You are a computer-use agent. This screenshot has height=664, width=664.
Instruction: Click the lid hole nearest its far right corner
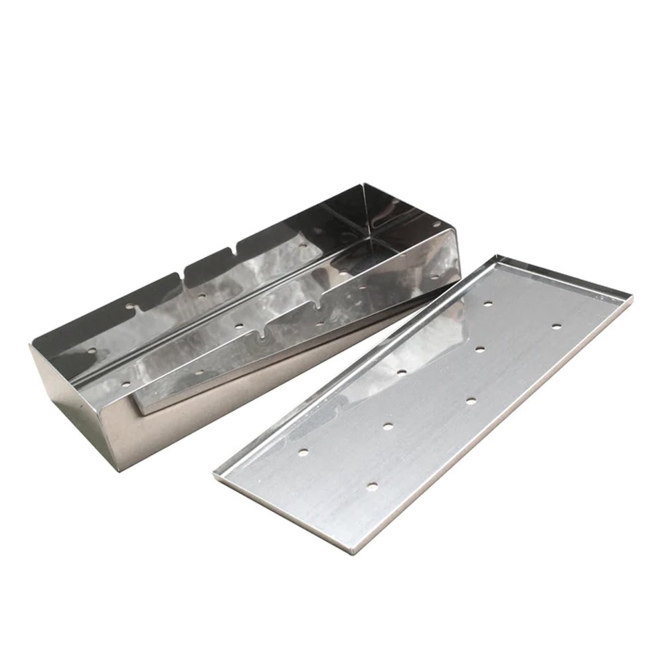tap(556, 326)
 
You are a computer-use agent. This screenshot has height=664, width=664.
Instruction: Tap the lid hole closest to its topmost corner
tap(488, 303)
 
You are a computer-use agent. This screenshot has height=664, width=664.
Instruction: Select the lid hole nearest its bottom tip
tap(371, 487)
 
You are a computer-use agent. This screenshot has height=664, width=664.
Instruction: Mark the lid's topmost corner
tap(496, 254)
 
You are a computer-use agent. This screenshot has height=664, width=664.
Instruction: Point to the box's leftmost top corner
tap(31, 345)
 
